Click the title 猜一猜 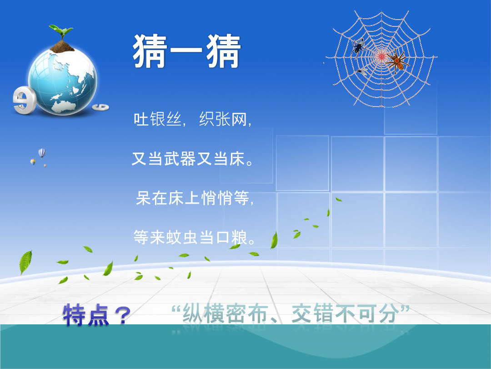point(187,51)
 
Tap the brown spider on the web point(397,61)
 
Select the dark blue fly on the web point(359,46)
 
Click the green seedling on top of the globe point(61,31)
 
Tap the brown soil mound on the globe point(62,47)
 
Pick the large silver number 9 point(24,100)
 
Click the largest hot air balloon point(42,153)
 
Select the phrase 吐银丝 point(157,119)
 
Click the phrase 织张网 point(223,119)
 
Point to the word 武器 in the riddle point(180,159)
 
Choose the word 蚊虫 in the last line point(182,237)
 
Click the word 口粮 point(231,237)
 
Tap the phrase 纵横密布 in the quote point(224,313)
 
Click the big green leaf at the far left point(25,262)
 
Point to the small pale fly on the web point(362,72)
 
